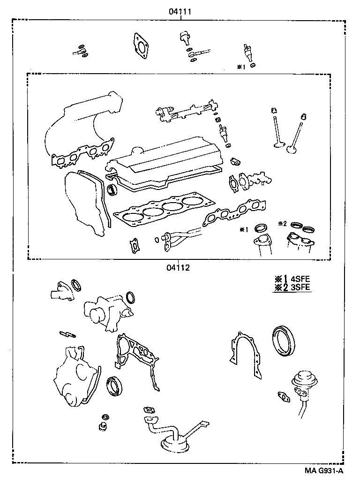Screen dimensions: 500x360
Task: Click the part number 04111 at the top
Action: pyautogui.click(x=180, y=12)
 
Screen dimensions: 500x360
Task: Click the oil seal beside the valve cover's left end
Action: pyautogui.click(x=112, y=189)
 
